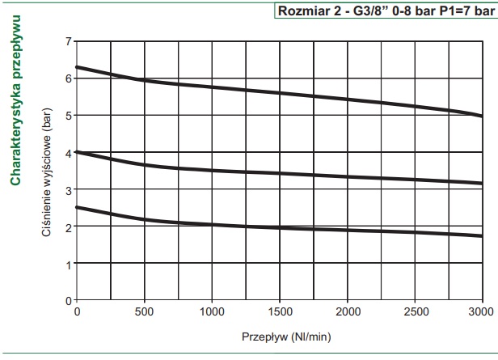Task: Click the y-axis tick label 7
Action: point(68,40)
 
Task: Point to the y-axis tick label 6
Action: point(68,78)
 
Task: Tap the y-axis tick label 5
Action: point(68,115)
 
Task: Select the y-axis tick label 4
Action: point(68,152)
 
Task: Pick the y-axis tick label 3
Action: point(68,189)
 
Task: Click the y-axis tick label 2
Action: point(68,227)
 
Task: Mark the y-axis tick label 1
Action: point(68,264)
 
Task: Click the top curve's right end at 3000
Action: point(481,116)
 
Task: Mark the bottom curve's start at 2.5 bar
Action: point(78,207)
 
